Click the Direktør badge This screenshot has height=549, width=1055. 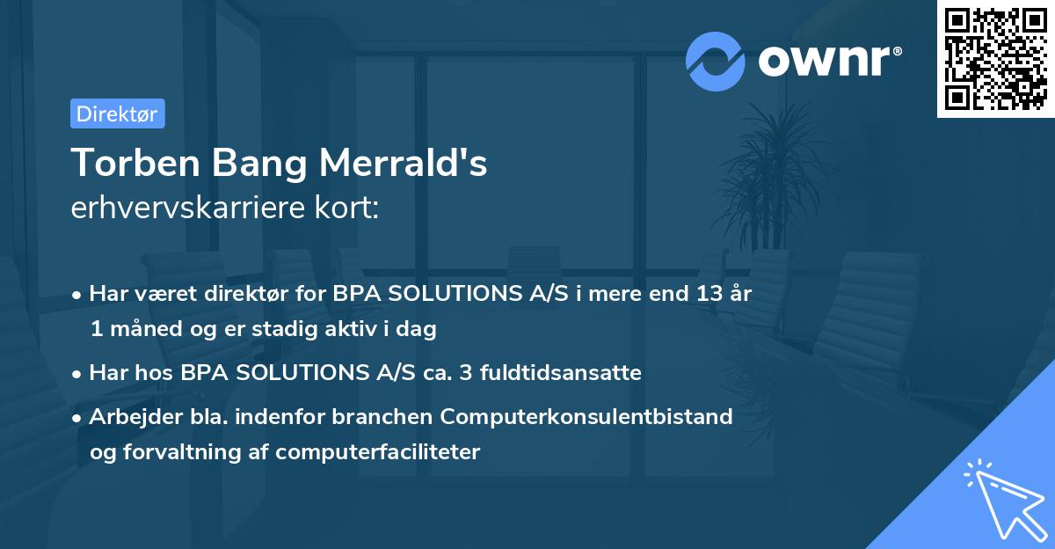point(117,114)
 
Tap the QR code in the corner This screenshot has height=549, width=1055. point(995,59)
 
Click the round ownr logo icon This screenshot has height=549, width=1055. point(715,61)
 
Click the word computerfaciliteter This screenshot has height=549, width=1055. point(377,452)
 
